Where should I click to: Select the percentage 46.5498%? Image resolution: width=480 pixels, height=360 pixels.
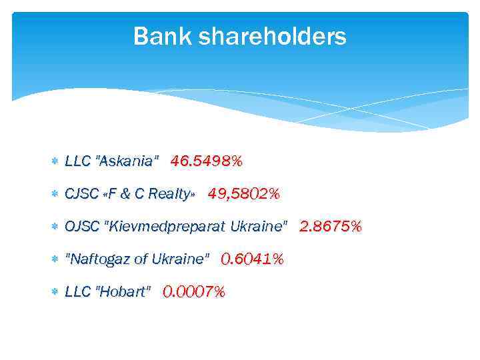point(207,161)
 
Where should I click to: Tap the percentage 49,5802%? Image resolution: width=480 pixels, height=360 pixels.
point(243,194)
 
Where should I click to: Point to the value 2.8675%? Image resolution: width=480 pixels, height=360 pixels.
point(331,227)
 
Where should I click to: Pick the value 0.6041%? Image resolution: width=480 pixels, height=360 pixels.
point(252,259)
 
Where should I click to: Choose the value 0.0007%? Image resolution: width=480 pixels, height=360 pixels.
point(194,291)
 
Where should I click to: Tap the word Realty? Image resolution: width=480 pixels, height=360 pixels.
point(170,194)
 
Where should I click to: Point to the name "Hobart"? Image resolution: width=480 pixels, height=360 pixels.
point(124,292)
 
